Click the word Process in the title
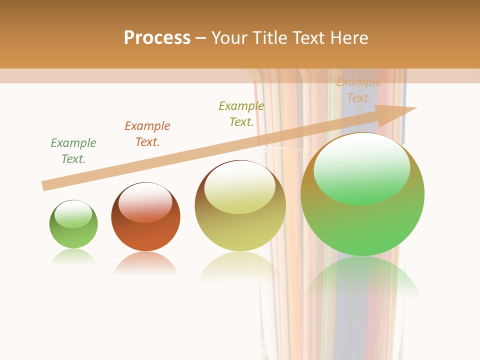click(x=157, y=37)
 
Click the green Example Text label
click(x=73, y=151)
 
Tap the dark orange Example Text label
click(x=147, y=134)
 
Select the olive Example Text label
click(x=241, y=114)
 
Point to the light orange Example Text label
click(x=359, y=90)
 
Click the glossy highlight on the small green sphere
click(x=73, y=213)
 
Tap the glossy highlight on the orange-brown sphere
click(x=145, y=202)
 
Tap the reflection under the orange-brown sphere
click(x=145, y=262)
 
